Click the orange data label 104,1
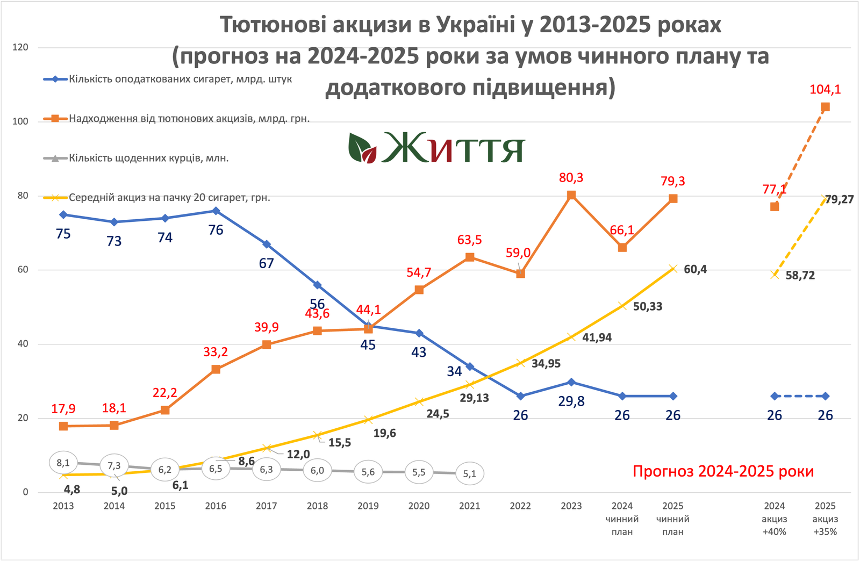pyautogui.click(x=825, y=90)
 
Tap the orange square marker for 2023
pyautogui.click(x=571, y=195)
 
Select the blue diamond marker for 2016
pyautogui.click(x=216, y=211)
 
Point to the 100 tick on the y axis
pyautogui.click(x=20, y=121)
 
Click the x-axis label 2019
pyautogui.click(x=368, y=506)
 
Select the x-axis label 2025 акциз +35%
pyautogui.click(x=825, y=519)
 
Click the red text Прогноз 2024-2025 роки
pyautogui.click(x=723, y=471)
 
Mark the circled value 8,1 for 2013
pyautogui.click(x=63, y=463)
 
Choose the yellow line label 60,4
pyautogui.click(x=695, y=269)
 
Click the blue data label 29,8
pyautogui.click(x=571, y=401)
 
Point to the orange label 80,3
pyautogui.click(x=571, y=178)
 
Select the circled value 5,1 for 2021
pyautogui.click(x=470, y=473)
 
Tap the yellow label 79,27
pyautogui.click(x=839, y=199)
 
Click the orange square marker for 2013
pyautogui.click(x=63, y=426)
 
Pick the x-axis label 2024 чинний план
pyautogui.click(x=622, y=519)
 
